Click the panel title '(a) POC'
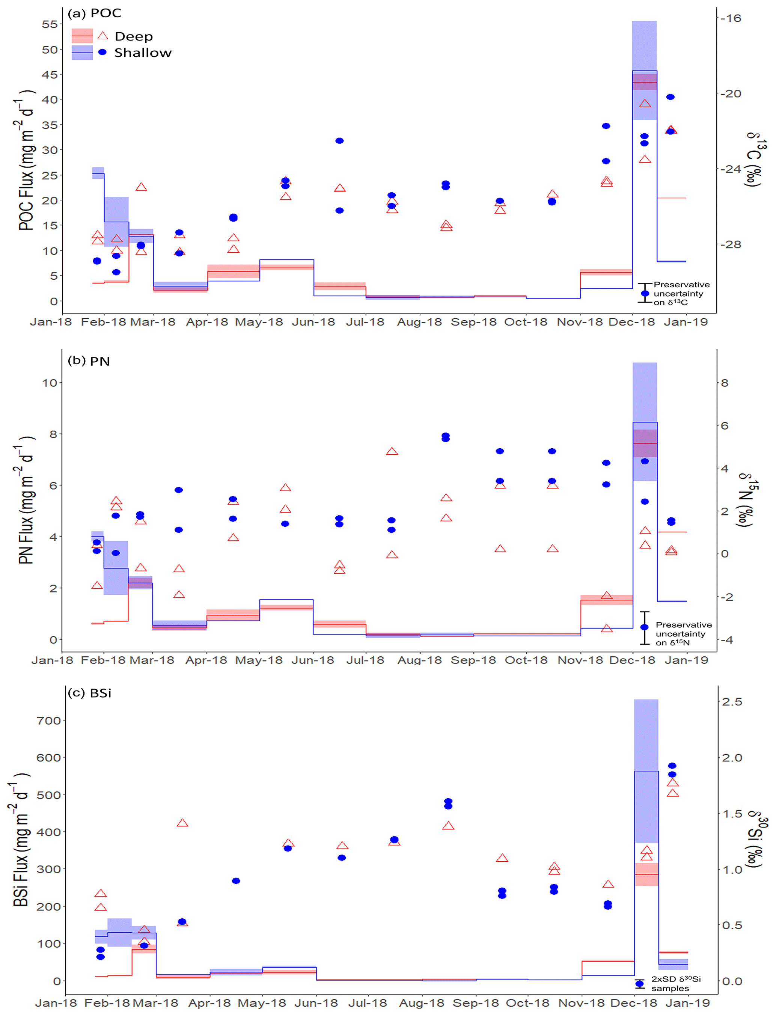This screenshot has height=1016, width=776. (x=94, y=14)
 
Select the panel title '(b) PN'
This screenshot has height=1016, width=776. (x=89, y=361)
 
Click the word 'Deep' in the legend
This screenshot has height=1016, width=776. (x=134, y=36)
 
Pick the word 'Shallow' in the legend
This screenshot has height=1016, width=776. (x=143, y=53)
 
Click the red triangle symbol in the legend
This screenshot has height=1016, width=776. (x=102, y=36)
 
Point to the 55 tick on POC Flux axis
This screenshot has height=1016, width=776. (x=50, y=24)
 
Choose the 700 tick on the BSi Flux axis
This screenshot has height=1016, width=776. (x=48, y=721)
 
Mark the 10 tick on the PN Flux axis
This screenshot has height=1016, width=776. (x=50, y=383)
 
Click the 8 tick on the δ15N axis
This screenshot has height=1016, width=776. (x=724, y=383)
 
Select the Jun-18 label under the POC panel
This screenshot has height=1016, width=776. (x=313, y=322)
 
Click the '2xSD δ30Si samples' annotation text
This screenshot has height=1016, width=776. (x=676, y=984)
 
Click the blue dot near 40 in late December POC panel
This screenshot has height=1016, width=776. (x=670, y=97)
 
